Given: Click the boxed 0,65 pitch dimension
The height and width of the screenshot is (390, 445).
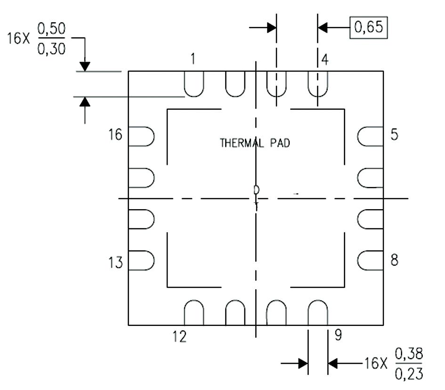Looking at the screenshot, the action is (368, 27).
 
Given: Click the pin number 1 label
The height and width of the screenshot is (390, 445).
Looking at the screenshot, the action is (193, 59).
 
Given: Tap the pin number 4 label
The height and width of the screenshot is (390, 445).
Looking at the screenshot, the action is (324, 60).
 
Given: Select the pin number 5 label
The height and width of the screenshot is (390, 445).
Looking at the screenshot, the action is (395, 134).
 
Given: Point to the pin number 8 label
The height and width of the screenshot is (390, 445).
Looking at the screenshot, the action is (395, 260).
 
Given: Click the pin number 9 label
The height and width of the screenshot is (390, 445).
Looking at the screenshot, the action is (338, 335).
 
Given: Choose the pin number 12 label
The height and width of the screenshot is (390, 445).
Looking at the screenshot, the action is (179, 337).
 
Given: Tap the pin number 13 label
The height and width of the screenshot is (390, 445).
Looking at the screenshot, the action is (115, 262).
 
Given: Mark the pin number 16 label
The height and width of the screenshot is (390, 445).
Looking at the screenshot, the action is (115, 134).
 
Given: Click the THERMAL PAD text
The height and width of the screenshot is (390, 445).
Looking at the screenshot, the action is (255, 143).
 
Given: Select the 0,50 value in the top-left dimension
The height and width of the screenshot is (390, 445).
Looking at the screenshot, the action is (51, 29).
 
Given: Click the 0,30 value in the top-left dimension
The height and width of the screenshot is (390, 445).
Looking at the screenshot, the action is (51, 49).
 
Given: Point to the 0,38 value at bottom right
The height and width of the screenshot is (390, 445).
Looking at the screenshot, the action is (409, 354).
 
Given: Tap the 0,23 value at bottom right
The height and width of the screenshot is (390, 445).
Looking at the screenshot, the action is (409, 374).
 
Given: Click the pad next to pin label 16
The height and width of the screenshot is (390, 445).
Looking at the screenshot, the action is (141, 137).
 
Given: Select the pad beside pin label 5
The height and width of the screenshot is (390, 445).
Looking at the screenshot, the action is (370, 137).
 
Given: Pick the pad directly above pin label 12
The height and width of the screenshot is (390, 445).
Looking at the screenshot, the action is (194, 312).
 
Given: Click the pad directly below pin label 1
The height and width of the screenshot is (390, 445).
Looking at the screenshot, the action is (194, 84).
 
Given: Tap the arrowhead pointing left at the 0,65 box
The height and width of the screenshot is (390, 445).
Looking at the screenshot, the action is (323, 27).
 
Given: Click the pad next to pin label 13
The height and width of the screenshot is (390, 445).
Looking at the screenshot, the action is (141, 260).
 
